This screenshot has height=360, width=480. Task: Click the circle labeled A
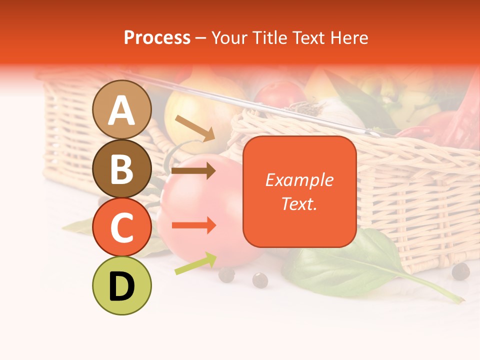[x=122, y=109]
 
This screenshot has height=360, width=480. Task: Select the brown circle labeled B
[x=122, y=169]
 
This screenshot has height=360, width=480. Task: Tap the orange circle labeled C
[x=122, y=227]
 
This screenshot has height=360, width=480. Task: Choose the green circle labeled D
[x=122, y=285]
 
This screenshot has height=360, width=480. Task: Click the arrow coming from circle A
[x=195, y=128]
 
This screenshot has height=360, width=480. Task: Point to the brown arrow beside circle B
[x=193, y=170]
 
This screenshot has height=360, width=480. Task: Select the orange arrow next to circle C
[x=193, y=225]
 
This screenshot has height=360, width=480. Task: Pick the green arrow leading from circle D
[x=195, y=263]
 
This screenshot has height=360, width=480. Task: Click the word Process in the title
[x=157, y=38]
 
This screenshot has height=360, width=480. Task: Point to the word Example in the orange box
[x=299, y=180]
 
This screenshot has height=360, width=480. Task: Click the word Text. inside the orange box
[x=299, y=203]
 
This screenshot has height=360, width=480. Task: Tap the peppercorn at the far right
[x=460, y=271]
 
